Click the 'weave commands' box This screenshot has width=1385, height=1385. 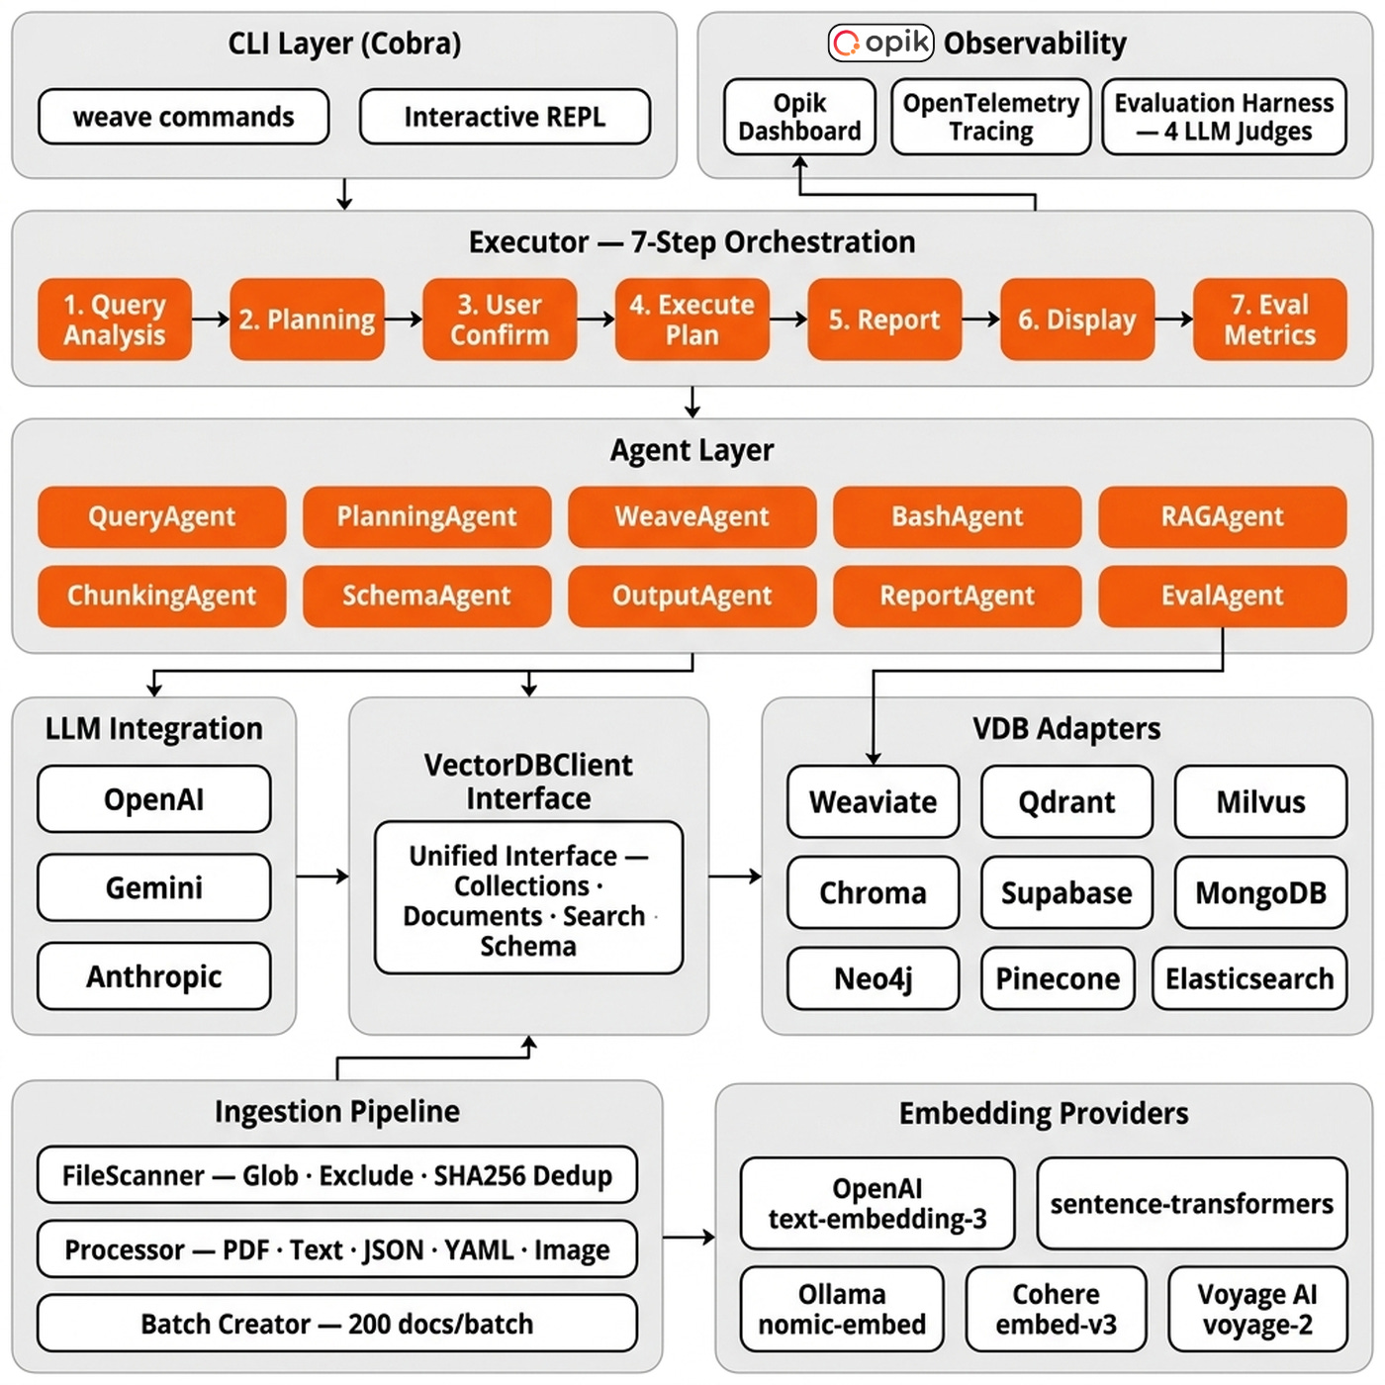(183, 117)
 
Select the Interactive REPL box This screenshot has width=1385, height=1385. (505, 117)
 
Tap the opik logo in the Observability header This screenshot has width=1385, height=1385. (880, 43)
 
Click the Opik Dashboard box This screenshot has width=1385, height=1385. (799, 117)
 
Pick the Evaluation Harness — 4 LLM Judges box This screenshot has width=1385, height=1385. (1224, 117)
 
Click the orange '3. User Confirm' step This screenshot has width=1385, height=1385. (500, 320)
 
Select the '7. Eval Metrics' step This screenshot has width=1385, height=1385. (1269, 320)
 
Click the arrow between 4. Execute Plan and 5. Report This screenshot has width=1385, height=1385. (788, 320)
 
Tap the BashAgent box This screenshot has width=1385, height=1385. (957, 516)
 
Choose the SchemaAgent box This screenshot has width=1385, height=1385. (426, 596)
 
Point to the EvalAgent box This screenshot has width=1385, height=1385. (1222, 596)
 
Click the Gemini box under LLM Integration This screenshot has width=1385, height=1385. (154, 887)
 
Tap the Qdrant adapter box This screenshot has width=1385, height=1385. (1066, 801)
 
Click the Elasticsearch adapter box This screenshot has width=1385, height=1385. (1249, 978)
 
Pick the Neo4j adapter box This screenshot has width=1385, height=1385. (873, 978)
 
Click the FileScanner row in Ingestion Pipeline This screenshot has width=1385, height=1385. (336, 1175)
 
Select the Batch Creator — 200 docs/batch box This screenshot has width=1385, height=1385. (336, 1324)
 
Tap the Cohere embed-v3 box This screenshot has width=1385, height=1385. (1056, 1309)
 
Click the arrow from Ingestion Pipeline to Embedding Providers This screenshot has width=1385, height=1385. (689, 1237)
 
